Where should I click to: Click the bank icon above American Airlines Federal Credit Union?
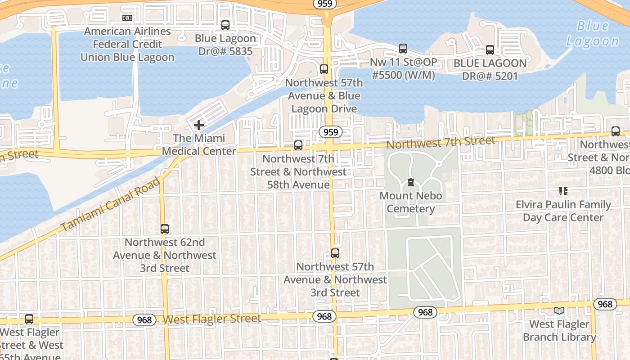[127, 18]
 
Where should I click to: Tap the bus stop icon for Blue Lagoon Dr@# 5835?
[225, 25]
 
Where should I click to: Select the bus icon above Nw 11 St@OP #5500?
[403, 48]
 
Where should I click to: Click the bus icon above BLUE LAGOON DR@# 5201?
[490, 50]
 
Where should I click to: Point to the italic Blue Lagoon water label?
[592, 34]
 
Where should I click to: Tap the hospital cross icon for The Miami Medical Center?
[199, 125]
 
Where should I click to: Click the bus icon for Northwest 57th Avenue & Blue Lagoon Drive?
[324, 69]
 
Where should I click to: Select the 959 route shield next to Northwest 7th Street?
[331, 132]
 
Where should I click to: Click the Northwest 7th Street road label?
[441, 142]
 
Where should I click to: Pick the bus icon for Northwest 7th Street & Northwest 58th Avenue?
[298, 145]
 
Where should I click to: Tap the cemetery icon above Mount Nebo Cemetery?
[410, 182]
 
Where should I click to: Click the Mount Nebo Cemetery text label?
[411, 202]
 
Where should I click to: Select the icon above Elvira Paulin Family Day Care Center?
[563, 191]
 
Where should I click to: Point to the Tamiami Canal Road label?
[110, 205]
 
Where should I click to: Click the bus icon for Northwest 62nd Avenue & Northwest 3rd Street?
[165, 229]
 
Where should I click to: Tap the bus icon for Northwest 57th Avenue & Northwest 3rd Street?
[335, 253]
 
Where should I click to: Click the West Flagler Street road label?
[211, 319]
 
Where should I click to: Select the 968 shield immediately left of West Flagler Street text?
[144, 320]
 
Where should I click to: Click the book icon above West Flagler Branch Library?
[559, 310]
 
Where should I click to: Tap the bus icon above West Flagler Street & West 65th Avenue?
[29, 319]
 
